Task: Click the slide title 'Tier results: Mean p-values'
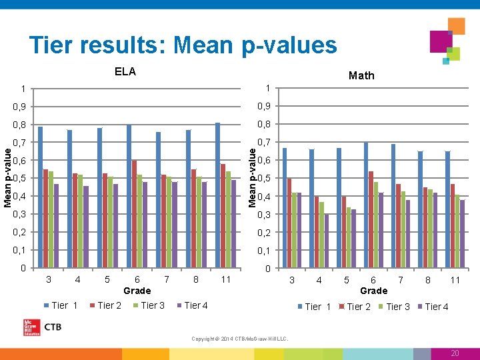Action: [183, 45]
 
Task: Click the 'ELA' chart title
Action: [125, 72]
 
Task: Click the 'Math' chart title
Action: [361, 75]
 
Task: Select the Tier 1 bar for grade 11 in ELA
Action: [218, 195]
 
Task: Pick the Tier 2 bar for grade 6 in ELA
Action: [134, 213]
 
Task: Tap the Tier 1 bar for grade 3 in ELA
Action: [41, 197]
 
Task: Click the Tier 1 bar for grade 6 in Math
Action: [366, 205]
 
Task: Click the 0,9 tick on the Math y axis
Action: [265, 107]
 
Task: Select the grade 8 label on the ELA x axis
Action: [196, 279]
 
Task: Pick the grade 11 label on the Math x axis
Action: [455, 280]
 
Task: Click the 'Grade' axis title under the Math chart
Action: [373, 291]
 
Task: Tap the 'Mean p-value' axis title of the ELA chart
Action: [7, 177]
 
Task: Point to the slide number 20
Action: [455, 353]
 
